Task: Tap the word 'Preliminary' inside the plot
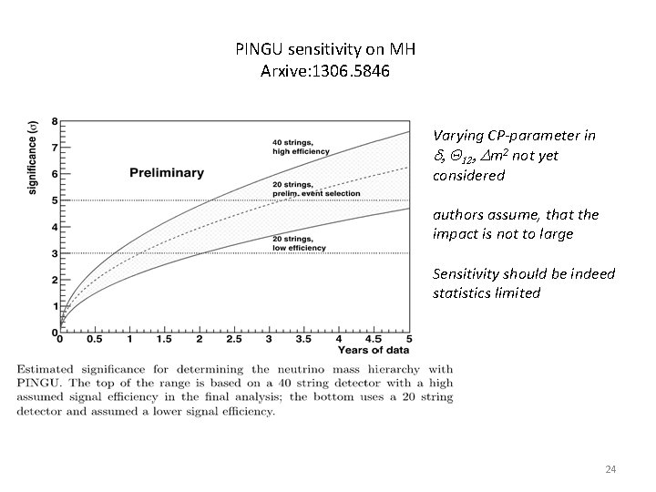[166, 173]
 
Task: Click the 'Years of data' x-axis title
[374, 349]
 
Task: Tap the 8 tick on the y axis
[55, 121]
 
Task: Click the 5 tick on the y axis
[55, 200]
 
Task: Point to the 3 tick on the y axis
[55, 253]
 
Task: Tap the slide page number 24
[611, 469]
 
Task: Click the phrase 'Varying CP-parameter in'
[514, 136]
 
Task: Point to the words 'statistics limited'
[488, 293]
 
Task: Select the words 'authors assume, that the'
[515, 215]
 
